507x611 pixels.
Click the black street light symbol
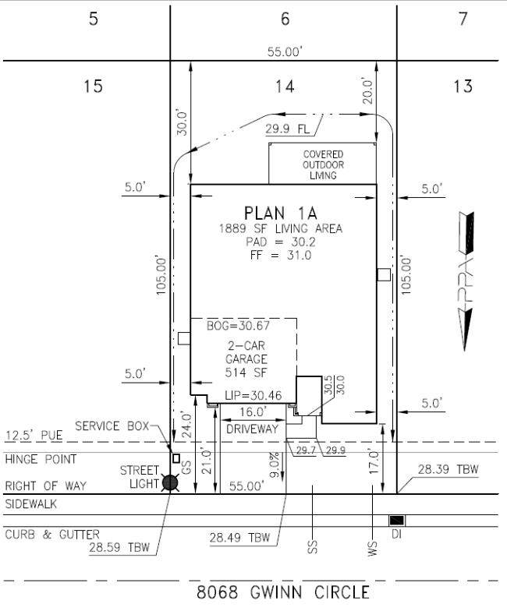(169, 483)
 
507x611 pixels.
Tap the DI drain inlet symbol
(397, 520)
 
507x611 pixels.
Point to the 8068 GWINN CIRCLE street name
(283, 592)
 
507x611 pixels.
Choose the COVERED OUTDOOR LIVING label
(323, 165)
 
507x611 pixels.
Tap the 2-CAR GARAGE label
(246, 359)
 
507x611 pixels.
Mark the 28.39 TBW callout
(448, 469)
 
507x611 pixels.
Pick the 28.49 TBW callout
(239, 538)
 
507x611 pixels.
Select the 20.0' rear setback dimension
(368, 90)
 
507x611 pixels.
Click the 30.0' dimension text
(181, 122)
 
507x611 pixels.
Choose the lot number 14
(285, 86)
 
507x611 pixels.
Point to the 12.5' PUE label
(30, 435)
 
